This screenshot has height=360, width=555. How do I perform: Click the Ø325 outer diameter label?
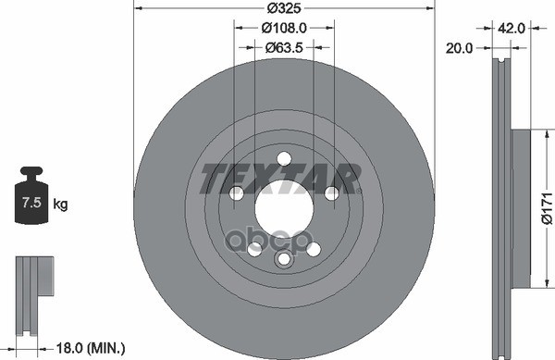[x=284, y=7]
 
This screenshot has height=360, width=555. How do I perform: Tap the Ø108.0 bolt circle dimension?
[x=284, y=28]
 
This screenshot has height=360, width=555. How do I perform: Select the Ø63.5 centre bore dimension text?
[x=284, y=47]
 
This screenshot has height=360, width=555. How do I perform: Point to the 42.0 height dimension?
[x=512, y=28]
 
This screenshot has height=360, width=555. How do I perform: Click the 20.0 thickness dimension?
[x=459, y=48]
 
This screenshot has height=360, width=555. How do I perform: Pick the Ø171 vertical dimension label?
[x=547, y=208]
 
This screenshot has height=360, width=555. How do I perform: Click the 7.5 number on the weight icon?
[x=31, y=203]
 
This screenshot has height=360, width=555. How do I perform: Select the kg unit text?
[x=60, y=205]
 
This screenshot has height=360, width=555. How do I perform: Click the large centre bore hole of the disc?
[x=284, y=209]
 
